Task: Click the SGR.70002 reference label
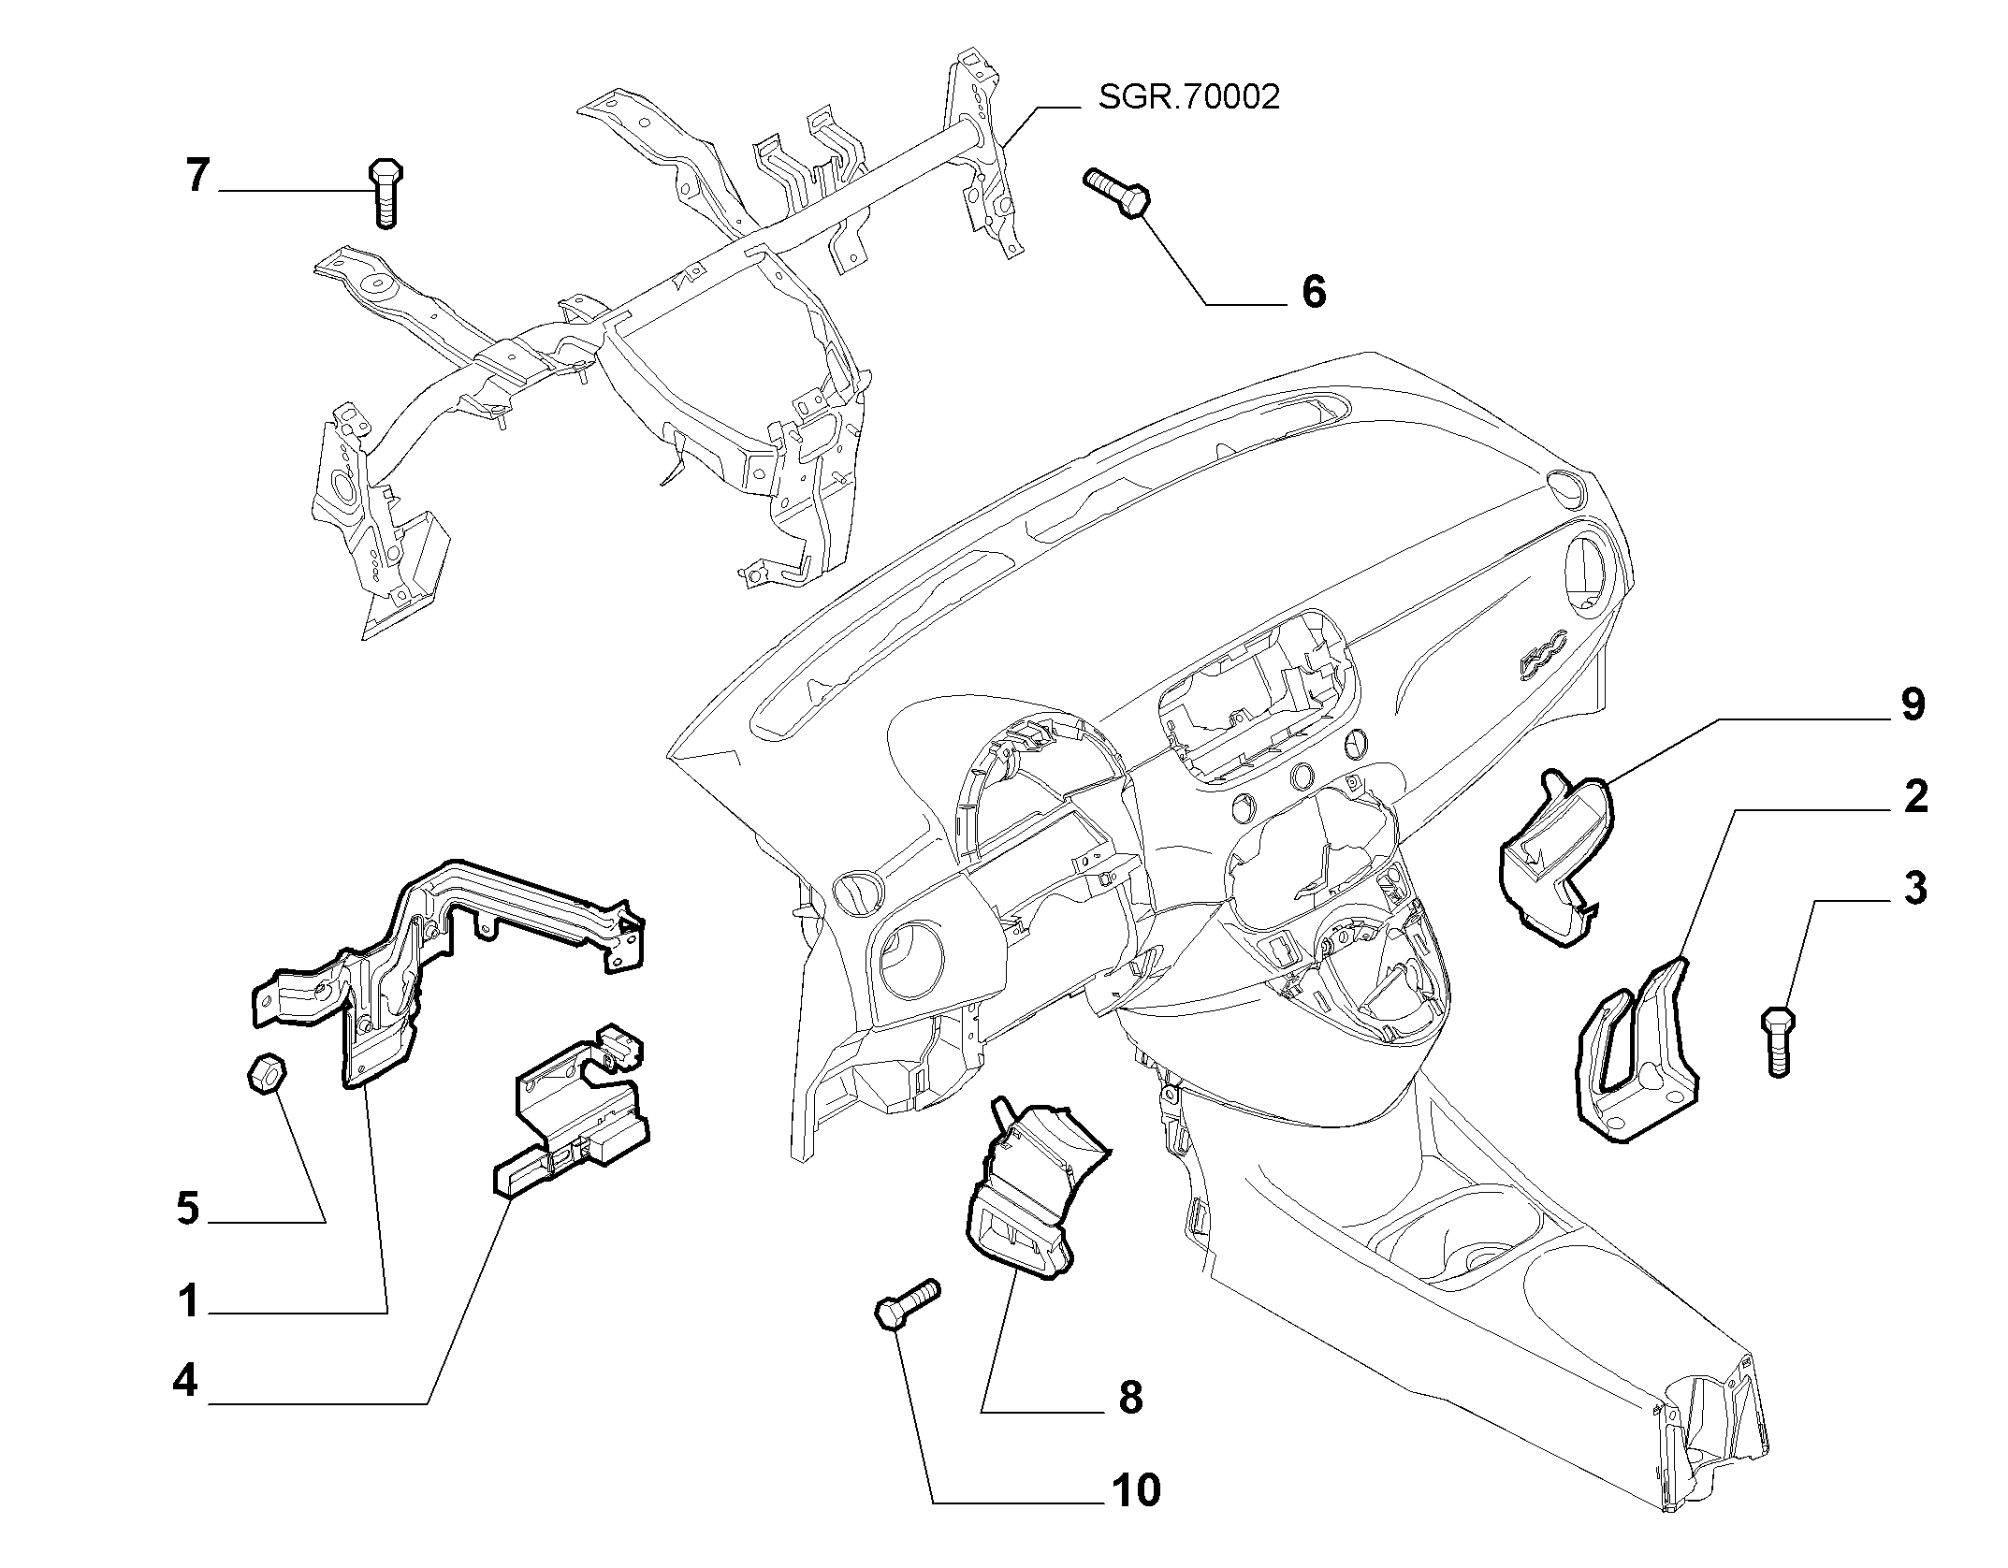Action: [1188, 97]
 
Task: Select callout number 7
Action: [196, 175]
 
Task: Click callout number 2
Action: [1914, 796]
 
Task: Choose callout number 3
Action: [1914, 888]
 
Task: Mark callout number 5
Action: [188, 1209]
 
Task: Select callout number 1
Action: [188, 1300]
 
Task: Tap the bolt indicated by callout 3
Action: [1779, 1041]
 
